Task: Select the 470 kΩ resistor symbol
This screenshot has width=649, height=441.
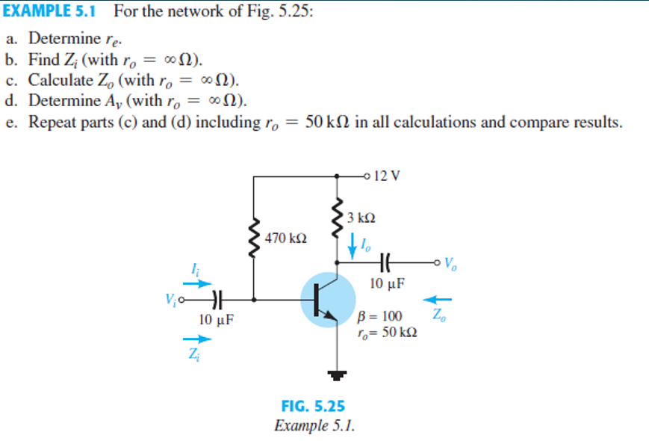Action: point(255,241)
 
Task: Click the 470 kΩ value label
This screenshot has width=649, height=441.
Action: point(286,238)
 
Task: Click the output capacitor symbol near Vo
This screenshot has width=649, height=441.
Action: point(385,262)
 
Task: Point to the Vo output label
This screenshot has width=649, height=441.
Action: point(450,263)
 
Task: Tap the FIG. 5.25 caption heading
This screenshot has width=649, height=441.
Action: point(313,407)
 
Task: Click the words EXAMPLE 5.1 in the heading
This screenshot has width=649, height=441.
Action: point(52,11)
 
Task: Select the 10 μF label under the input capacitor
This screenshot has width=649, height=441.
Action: point(217,319)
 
